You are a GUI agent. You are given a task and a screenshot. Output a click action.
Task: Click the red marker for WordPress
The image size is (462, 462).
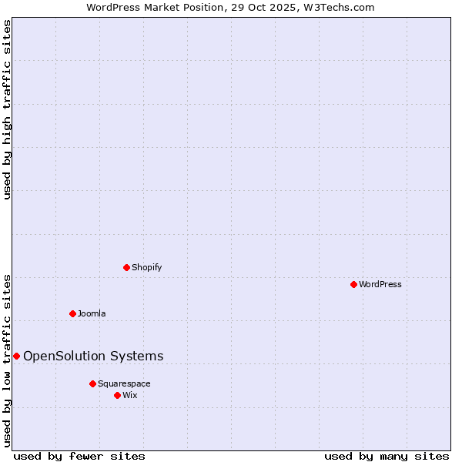click(353, 284)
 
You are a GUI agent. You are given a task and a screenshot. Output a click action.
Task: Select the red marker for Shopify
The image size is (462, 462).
click(126, 267)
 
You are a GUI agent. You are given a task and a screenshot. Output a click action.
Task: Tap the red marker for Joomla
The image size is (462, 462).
click(72, 313)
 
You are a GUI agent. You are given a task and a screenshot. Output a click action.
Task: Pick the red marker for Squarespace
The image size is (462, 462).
click(92, 383)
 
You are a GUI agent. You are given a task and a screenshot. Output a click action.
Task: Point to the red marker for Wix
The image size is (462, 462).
click(117, 395)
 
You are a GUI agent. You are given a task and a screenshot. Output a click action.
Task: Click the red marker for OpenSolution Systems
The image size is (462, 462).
click(16, 356)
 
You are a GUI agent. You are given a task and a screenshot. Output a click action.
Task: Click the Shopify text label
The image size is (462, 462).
click(146, 267)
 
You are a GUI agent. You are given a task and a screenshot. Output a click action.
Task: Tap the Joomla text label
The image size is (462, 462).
click(92, 313)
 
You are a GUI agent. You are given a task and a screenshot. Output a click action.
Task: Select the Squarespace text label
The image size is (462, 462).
click(124, 383)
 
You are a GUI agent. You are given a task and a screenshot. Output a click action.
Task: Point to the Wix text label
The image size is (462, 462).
click(129, 395)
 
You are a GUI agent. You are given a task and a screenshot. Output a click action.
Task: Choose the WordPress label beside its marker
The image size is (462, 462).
click(380, 284)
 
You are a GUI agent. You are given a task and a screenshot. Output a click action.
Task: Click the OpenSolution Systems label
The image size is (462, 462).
click(93, 356)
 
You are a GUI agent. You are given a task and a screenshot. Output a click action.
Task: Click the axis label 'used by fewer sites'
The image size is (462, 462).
click(79, 456)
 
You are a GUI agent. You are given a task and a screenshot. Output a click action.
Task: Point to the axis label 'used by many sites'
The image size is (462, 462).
click(387, 456)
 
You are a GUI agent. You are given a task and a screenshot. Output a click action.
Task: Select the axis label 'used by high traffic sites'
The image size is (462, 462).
click(8, 109)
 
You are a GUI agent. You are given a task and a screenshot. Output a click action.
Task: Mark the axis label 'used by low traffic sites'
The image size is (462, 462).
click(8, 360)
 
